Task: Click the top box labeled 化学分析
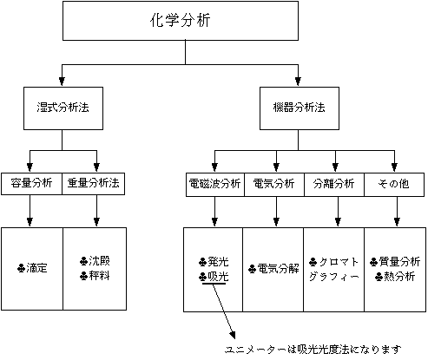click(x=181, y=21)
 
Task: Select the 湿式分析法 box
click(x=63, y=108)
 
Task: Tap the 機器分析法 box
click(x=300, y=108)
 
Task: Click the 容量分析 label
click(x=31, y=183)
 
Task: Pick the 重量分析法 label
click(x=93, y=183)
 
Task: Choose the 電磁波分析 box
click(x=215, y=185)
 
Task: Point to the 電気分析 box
click(x=274, y=185)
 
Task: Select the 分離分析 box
click(x=334, y=185)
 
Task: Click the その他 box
click(x=394, y=185)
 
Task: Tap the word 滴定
click(x=36, y=268)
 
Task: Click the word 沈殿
click(x=99, y=261)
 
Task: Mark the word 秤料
click(x=99, y=276)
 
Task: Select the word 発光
click(x=218, y=262)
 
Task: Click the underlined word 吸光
click(x=218, y=277)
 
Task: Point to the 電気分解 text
click(x=278, y=269)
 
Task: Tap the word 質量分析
click(x=399, y=262)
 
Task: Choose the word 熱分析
click(x=399, y=277)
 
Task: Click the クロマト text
click(x=339, y=262)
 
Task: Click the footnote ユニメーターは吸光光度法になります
click(x=313, y=350)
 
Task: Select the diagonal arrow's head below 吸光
click(x=233, y=336)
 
